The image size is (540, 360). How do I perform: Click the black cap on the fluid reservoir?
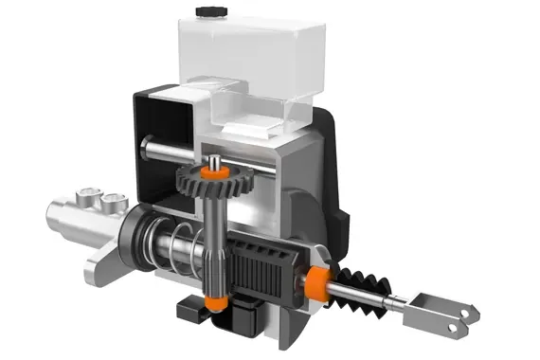click(206, 11)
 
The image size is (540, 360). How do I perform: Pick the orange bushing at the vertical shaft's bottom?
click(213, 303)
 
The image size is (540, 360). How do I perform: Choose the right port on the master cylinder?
click(115, 201)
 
